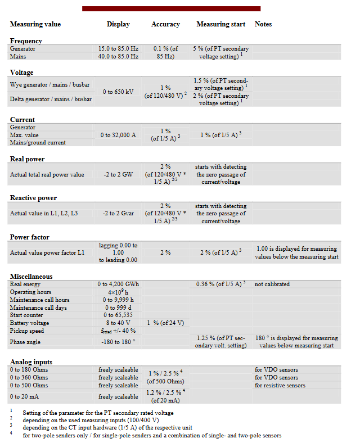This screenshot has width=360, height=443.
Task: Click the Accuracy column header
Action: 165,25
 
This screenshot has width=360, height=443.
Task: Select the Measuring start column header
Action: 220,25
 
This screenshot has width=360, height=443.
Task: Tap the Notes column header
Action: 263,25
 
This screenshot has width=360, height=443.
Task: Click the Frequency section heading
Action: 26,41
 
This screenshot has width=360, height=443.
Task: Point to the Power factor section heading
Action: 29,237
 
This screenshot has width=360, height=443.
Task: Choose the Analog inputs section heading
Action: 31,362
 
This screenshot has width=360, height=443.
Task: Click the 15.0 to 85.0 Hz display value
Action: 118,49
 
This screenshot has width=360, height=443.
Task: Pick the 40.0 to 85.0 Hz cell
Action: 118,57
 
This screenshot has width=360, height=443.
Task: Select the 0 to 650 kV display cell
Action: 118,92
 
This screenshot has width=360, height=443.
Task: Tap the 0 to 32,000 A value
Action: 118,135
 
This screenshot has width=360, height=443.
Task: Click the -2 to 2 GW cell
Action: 118,174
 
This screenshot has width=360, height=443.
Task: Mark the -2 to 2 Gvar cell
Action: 118,214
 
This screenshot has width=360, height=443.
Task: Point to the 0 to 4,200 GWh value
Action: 118,284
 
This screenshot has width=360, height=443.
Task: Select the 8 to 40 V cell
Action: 118,323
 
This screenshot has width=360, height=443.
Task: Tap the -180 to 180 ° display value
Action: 118,342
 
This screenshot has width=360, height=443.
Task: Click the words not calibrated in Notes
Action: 272,284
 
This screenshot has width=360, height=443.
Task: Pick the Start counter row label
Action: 27,315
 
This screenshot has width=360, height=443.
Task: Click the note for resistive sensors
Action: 280,386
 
